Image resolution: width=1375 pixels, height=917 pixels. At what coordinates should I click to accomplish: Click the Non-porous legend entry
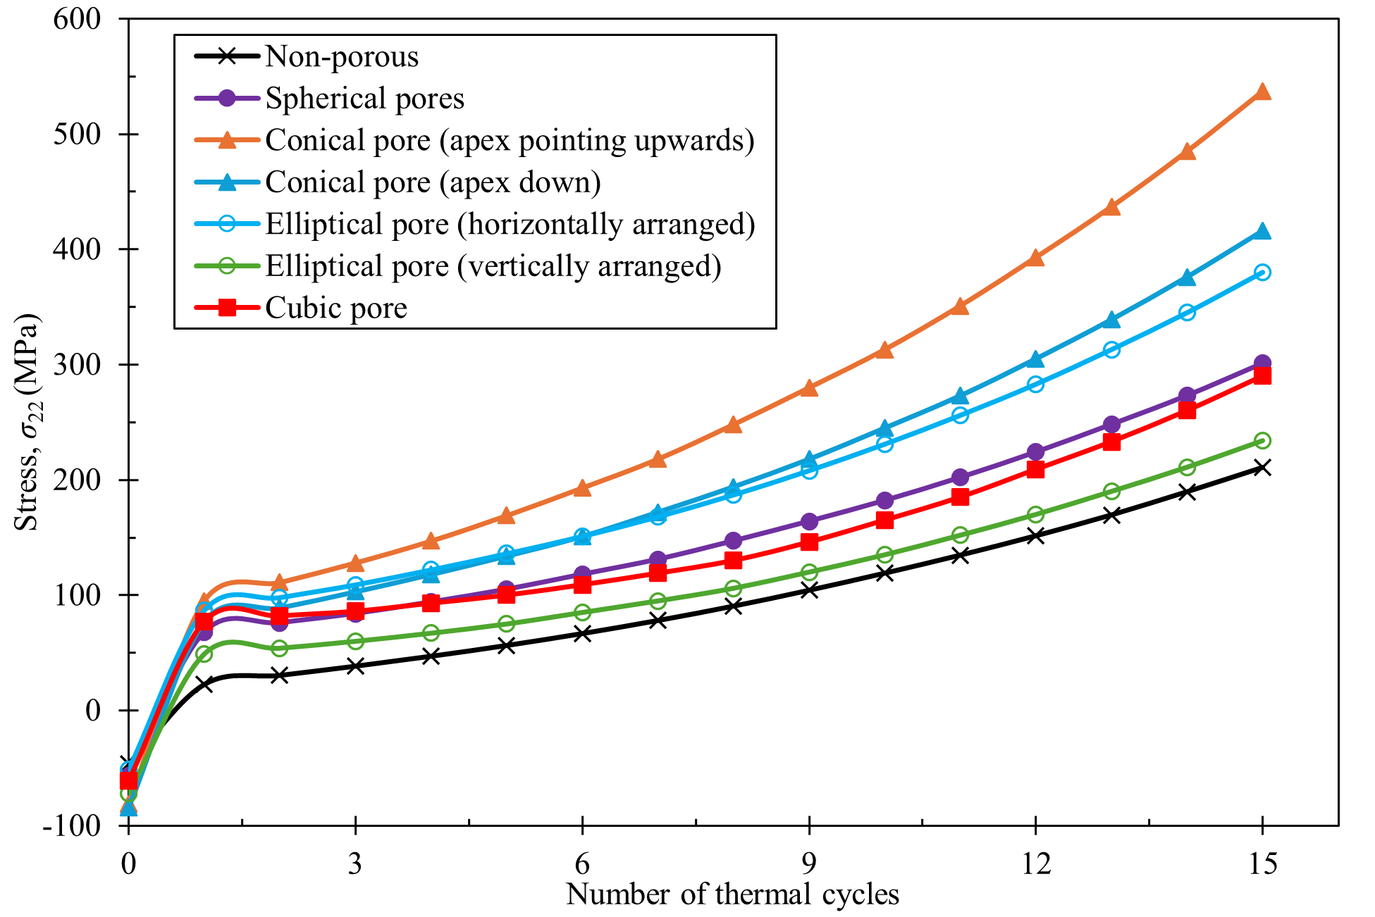(341, 56)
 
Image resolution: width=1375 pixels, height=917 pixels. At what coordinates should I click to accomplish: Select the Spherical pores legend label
(364, 98)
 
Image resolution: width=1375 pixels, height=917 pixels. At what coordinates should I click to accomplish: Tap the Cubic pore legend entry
(336, 308)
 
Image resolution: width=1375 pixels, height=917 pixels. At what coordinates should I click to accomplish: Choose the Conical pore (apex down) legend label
(433, 182)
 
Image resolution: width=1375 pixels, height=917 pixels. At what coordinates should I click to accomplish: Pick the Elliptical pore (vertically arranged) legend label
(493, 266)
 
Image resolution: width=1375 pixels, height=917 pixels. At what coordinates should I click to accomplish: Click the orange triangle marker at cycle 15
(1262, 92)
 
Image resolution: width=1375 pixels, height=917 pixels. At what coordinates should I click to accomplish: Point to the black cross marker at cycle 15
(1262, 468)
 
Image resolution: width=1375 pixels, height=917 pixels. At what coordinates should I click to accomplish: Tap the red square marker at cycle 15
(1262, 376)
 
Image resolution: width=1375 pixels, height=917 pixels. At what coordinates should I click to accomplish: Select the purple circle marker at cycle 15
(1262, 363)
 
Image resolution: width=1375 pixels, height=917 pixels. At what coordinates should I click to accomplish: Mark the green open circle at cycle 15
(1262, 441)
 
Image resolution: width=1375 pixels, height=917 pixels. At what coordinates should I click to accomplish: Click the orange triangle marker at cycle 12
(1035, 258)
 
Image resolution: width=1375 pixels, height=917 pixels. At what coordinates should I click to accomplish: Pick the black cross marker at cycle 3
(355, 666)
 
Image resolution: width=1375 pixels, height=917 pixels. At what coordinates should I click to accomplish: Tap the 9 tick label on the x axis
(808, 863)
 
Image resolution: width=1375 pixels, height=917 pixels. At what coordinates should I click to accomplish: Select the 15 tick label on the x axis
(1262, 863)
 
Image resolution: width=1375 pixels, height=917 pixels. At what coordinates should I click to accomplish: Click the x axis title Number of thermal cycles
(732, 895)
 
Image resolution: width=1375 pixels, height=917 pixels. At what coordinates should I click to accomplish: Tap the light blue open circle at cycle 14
(1187, 312)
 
